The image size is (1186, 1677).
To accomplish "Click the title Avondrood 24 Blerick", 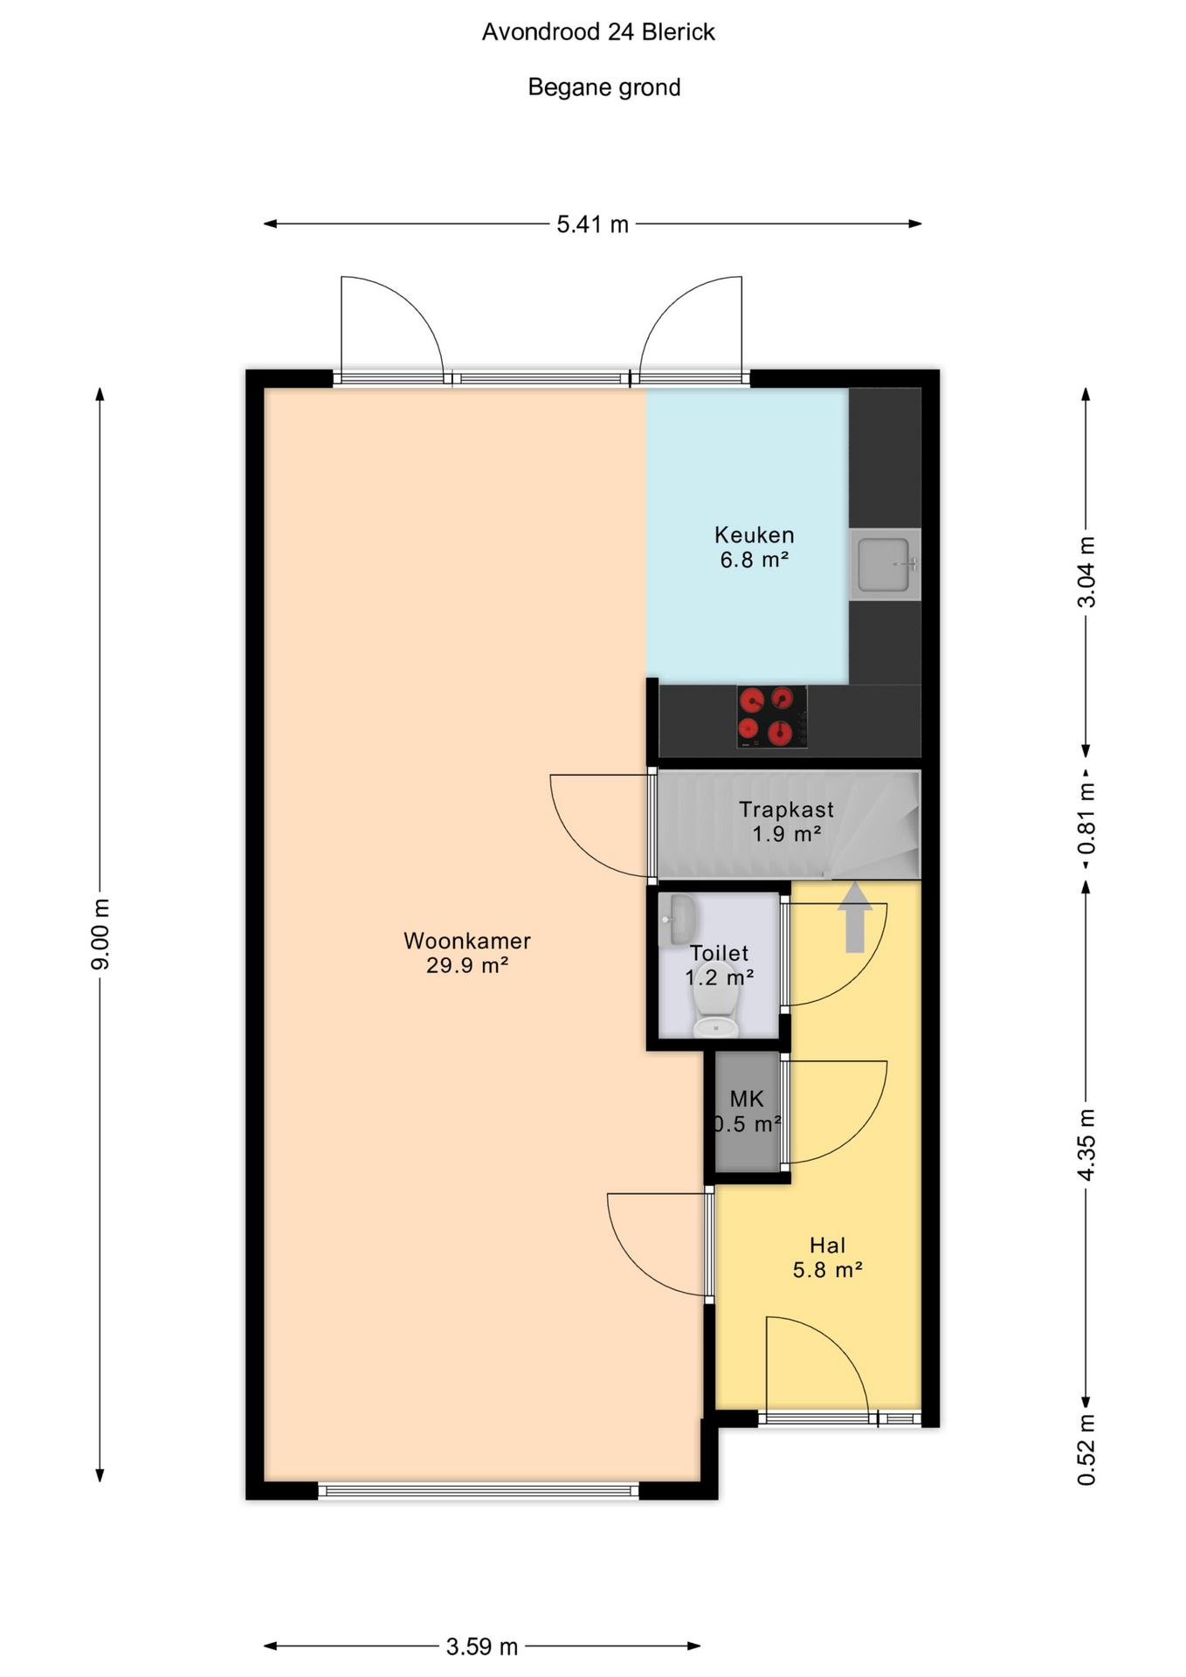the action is (x=598, y=32).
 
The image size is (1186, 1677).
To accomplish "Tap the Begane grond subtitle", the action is (x=604, y=87).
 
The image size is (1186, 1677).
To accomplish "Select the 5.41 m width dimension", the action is (x=593, y=224).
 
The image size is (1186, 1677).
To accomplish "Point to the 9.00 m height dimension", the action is (x=100, y=934).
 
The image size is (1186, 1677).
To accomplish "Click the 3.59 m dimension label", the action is (x=482, y=1646).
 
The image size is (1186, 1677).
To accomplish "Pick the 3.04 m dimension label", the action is (x=1086, y=571).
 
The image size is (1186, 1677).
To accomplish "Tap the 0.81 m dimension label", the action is (x=1086, y=819).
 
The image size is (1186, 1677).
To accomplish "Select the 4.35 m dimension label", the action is (x=1086, y=1145).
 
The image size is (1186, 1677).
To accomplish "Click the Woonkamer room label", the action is (x=467, y=941).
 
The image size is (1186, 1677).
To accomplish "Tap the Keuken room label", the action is (x=755, y=535).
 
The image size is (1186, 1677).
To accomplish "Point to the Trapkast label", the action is (x=786, y=810).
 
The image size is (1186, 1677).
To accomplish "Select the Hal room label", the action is (x=827, y=1246).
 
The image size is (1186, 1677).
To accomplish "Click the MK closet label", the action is (x=747, y=1100).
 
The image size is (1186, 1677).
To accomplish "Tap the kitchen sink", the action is (x=886, y=564).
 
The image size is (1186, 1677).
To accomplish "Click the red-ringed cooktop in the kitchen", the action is (x=772, y=716).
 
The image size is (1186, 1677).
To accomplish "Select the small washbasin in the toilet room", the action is (x=677, y=920).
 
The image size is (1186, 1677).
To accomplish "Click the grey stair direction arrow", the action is (x=854, y=917).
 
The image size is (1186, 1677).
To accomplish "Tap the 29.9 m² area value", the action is (x=467, y=965).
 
